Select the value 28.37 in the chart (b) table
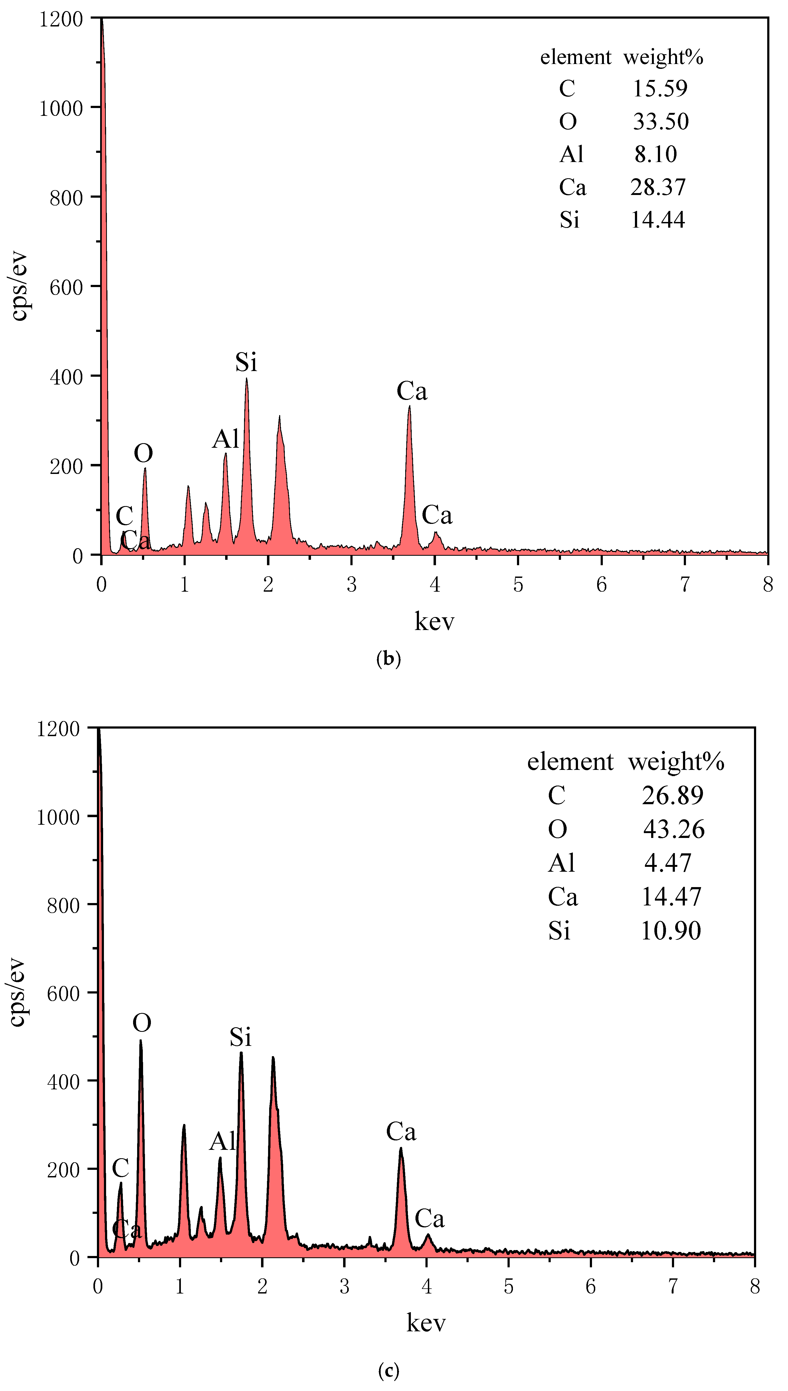click(658, 187)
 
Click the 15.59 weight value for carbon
click(660, 88)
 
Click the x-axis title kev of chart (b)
click(434, 621)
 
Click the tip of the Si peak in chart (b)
click(247, 379)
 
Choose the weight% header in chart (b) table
click(663, 57)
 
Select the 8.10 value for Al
click(655, 154)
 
